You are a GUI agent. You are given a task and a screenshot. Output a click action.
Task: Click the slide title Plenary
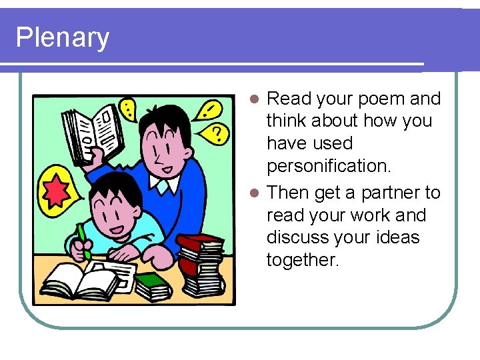point(62,37)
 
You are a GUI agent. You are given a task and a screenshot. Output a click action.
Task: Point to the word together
point(303,260)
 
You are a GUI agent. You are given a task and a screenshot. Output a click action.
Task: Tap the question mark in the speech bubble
point(217,134)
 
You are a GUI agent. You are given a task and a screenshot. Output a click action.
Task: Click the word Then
point(287,193)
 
